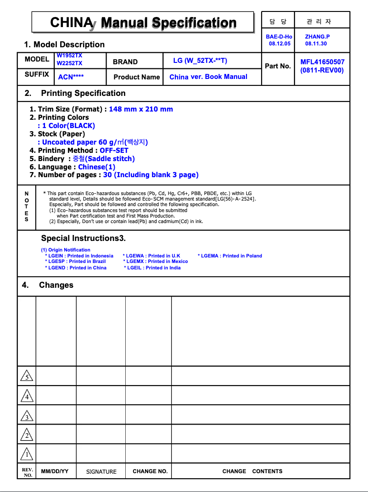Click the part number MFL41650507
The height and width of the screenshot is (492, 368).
[322, 62]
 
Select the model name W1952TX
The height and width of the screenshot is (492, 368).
[69, 56]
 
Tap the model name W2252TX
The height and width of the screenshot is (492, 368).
[69, 63]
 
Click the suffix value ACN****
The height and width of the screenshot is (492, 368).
[71, 77]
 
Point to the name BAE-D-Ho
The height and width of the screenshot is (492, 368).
[279, 36]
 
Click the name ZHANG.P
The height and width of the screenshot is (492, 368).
[317, 36]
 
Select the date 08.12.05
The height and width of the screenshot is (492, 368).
[279, 44]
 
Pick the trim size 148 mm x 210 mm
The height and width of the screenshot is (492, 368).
[141, 109]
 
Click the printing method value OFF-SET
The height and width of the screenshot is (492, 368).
[114, 151]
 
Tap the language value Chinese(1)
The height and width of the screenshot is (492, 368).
[96, 167]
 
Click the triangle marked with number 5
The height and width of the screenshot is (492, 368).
[27, 376]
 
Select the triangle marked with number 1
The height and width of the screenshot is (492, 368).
[27, 454]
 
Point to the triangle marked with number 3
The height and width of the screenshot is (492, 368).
[27, 416]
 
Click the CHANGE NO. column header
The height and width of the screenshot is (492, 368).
[150, 471]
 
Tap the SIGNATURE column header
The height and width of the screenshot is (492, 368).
[101, 472]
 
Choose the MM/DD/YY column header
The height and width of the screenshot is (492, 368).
[55, 471]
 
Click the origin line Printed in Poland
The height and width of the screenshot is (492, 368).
[230, 256]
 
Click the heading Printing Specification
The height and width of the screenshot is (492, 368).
[83, 93]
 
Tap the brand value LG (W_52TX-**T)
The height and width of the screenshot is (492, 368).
[200, 61]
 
